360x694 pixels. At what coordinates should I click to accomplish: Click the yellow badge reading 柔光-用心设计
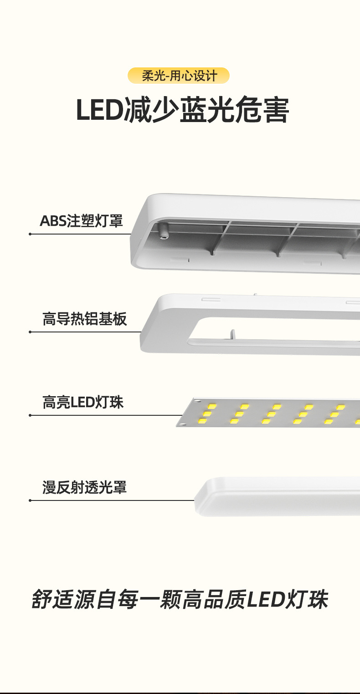point(179,76)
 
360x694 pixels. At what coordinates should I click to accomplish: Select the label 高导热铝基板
point(84,319)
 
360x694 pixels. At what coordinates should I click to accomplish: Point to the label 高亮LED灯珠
point(83,403)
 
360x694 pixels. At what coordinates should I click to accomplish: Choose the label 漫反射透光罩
point(84,487)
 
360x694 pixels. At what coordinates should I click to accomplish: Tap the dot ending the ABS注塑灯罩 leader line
point(30,234)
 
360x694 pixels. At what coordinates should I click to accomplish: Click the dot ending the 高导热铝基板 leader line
point(30,332)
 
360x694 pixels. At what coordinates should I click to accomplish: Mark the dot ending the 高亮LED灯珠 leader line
point(30,415)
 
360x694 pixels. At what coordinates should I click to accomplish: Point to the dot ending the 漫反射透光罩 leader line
point(30,500)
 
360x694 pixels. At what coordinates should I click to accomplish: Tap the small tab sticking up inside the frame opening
point(232,335)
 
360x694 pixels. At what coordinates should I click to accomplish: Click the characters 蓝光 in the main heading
point(207,110)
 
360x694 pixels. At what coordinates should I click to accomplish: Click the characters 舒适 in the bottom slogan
point(52,600)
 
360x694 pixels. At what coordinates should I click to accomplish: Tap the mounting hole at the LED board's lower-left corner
point(182,424)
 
